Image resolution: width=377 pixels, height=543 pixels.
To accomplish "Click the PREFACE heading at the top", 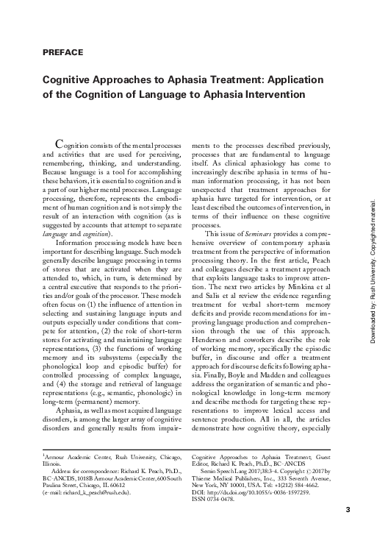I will click(x=62, y=52).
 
